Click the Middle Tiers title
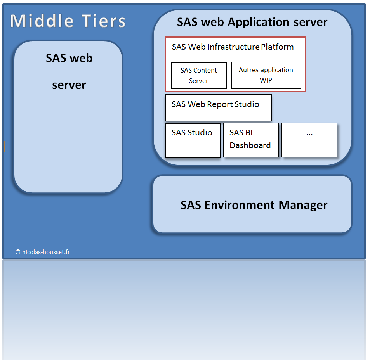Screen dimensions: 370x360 (x=68, y=21)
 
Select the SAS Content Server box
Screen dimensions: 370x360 (x=199, y=76)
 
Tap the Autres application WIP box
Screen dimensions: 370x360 (x=266, y=75)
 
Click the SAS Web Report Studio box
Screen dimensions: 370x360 (x=218, y=108)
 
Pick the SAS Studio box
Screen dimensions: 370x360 (x=193, y=140)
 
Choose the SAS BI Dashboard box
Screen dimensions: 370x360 (x=250, y=140)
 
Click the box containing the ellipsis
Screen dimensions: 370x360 (x=309, y=140)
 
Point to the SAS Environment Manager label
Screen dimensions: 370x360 (x=254, y=205)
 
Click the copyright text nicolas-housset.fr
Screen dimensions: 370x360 (x=43, y=252)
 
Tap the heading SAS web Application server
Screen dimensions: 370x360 (x=252, y=22)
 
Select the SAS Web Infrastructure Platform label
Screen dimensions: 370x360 (x=233, y=47)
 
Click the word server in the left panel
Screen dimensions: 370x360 (x=69, y=85)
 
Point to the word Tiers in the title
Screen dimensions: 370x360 (x=104, y=21)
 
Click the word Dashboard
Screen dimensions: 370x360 (x=250, y=145)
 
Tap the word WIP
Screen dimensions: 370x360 (x=266, y=80)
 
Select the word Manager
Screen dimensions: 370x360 (x=303, y=205)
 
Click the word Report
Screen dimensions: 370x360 (x=220, y=104)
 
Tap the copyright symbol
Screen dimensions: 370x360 (x=18, y=252)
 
